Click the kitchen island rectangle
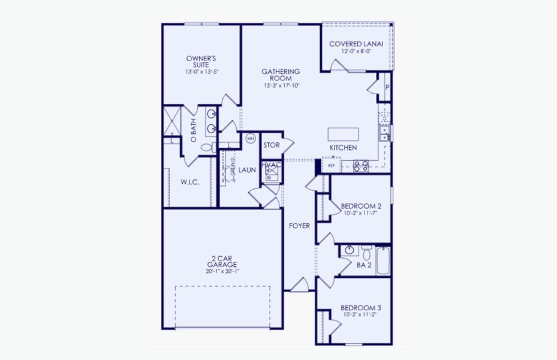[344, 134]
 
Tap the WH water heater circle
[250, 139]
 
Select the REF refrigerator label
[331, 165]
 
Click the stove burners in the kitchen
[360, 166]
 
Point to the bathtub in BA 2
[383, 261]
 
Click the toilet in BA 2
[366, 250]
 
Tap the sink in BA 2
[350, 250]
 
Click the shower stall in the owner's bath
[173, 120]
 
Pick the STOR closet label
[272, 145]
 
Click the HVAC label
[272, 164]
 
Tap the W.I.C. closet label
[189, 182]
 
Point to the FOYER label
[299, 226]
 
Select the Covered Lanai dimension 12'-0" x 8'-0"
[356, 52]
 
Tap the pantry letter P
[387, 87]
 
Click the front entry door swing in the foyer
[300, 284]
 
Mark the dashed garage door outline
[222, 306]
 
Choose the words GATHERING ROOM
[281, 75]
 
